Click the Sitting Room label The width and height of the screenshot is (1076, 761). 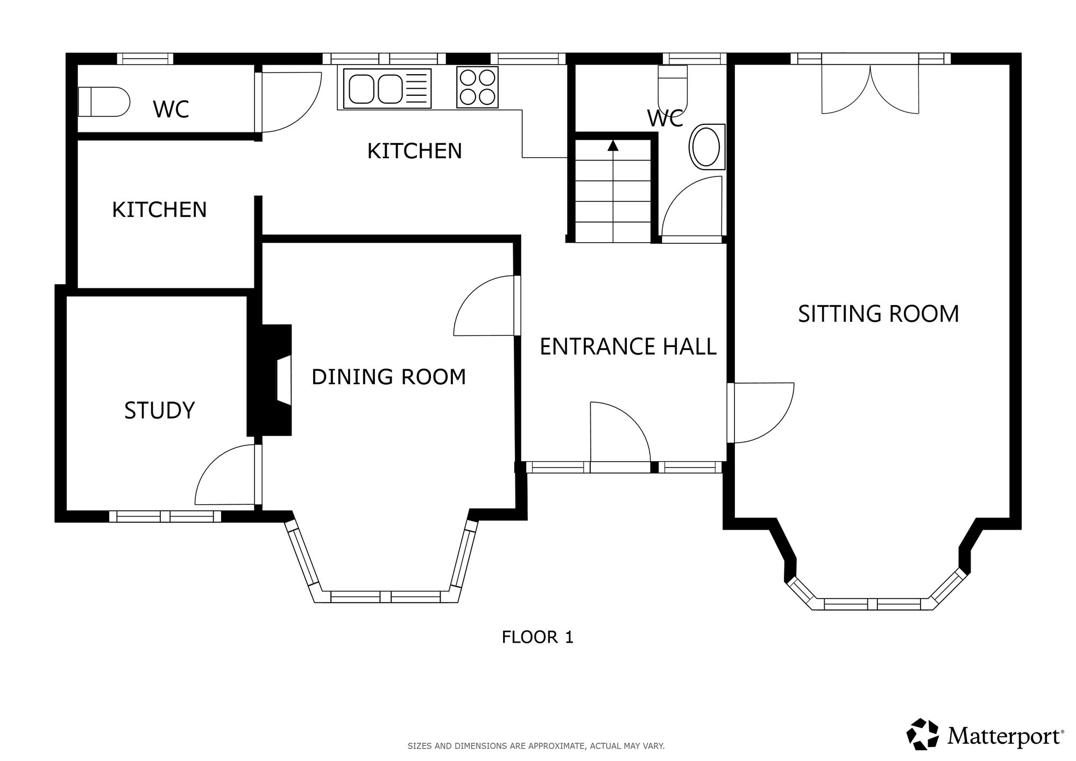(x=878, y=314)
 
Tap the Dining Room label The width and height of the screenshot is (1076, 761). (x=388, y=377)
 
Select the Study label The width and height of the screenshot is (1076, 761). (x=159, y=411)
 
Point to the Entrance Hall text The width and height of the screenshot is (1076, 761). (x=628, y=347)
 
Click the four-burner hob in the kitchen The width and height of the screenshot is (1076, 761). (x=477, y=87)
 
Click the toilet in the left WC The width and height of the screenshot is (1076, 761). (x=104, y=102)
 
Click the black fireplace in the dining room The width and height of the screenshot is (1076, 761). (x=270, y=379)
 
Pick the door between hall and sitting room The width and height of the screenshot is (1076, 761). (x=760, y=413)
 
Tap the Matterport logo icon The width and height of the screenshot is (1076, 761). (x=923, y=734)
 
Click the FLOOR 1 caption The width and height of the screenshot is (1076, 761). (x=537, y=637)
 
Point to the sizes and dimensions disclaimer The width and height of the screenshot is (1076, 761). (x=536, y=746)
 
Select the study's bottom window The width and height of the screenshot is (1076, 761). (x=165, y=517)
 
